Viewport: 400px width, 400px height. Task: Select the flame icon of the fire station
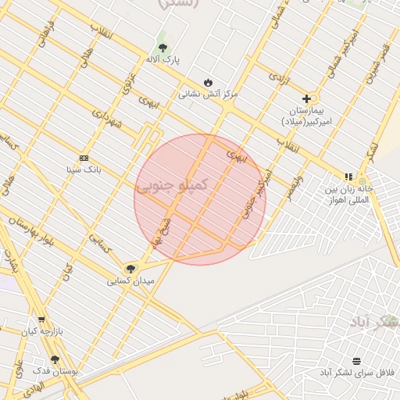[208, 82]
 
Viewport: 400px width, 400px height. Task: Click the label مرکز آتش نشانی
[208, 94]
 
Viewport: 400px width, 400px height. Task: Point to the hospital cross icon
[306, 99]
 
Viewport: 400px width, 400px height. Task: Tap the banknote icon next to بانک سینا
[84, 158]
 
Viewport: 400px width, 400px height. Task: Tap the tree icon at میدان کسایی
[130, 268]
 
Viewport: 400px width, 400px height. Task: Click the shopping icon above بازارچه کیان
[41, 320]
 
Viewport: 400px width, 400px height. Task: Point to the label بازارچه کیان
[41, 332]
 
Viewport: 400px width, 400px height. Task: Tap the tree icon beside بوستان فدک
[54, 359]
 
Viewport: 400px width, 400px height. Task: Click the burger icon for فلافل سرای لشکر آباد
[357, 360]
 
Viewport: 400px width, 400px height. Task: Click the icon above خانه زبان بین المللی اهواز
[348, 177]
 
